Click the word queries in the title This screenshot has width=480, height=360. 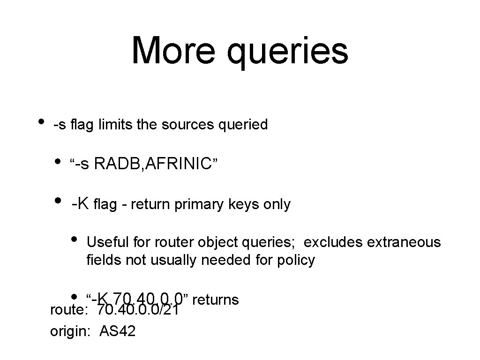287,52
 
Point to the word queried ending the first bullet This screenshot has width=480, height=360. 244,125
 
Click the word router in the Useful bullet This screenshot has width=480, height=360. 165,242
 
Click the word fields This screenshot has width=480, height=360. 104,260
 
